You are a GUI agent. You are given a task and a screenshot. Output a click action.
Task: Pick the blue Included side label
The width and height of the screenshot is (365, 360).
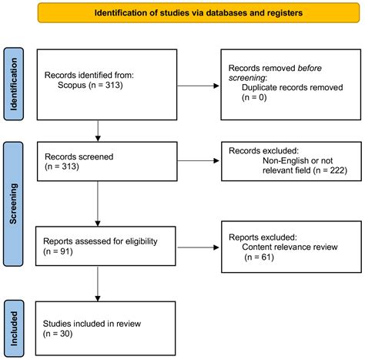[14, 328]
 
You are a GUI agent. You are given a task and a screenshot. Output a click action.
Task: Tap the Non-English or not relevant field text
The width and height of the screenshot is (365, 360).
[289, 163]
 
